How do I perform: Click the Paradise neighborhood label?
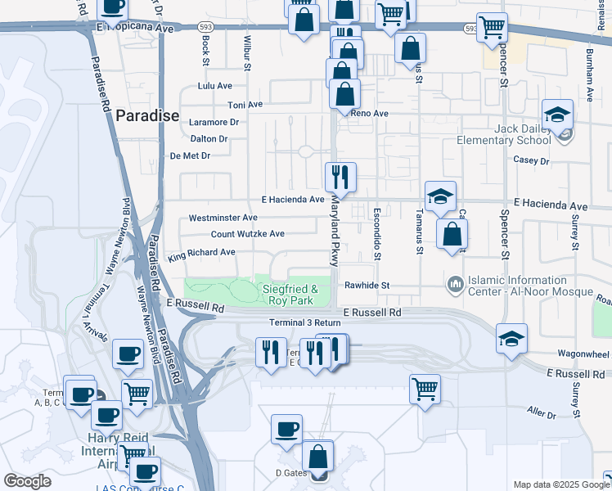[x=147, y=115]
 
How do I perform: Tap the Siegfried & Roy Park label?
[x=290, y=295]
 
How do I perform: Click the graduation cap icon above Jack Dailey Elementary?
[x=557, y=115]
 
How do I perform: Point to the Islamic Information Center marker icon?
[x=455, y=284]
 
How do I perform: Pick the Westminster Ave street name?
[x=223, y=218]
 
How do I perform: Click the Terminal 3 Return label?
[x=304, y=322]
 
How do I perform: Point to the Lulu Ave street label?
[x=215, y=86]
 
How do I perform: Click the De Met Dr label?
[x=190, y=155]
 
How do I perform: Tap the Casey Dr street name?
[x=531, y=160]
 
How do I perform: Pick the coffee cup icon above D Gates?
[x=286, y=430]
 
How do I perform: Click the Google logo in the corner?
[x=27, y=481]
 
